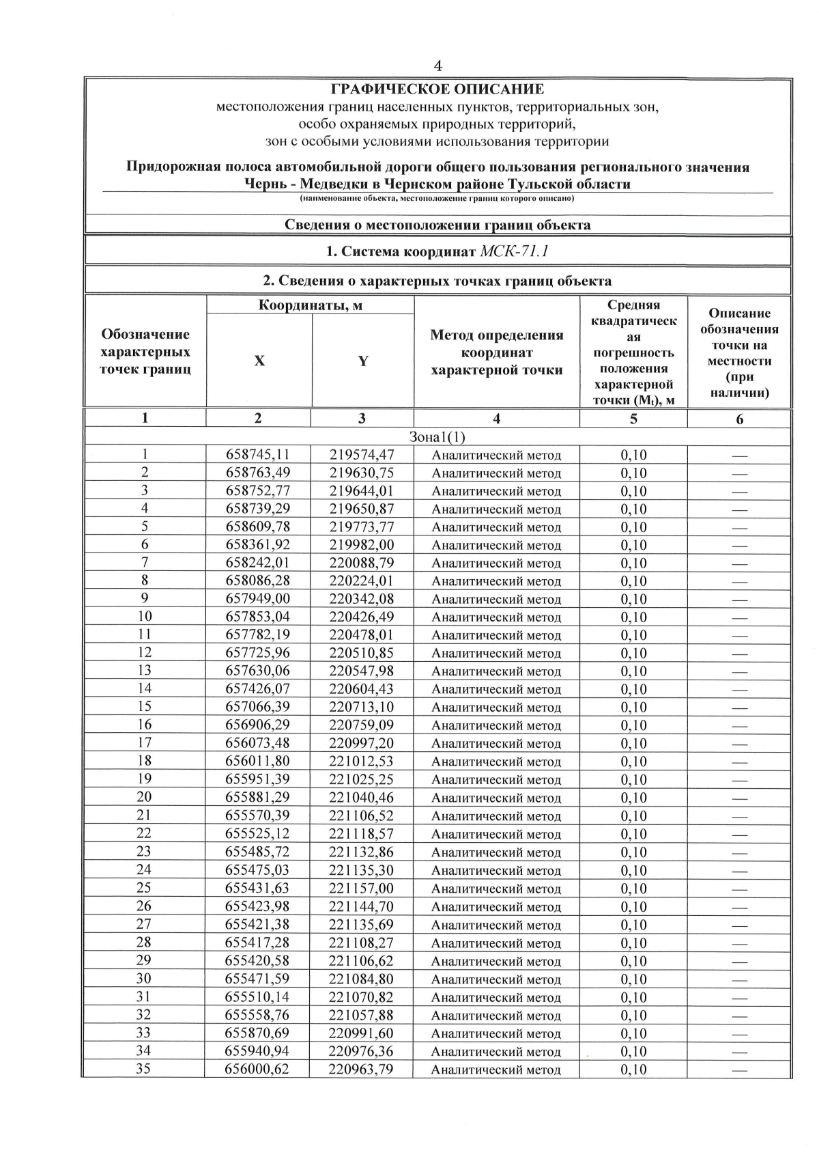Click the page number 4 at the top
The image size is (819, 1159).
[437, 66]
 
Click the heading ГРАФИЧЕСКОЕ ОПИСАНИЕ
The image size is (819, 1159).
[437, 89]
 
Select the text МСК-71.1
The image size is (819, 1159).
[515, 251]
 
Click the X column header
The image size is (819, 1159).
[259, 361]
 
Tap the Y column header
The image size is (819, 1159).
[363, 361]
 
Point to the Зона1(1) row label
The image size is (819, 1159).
[437, 436]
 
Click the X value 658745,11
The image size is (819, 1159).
[257, 455]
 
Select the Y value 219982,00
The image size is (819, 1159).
[361, 545]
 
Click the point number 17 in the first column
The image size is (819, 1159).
[144, 742]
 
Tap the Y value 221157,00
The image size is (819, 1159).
[361, 888]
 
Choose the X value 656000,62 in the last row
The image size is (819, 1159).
[257, 1069]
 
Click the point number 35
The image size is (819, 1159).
[143, 1069]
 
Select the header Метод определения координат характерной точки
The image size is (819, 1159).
[496, 352]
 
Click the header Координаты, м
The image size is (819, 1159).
[310, 305]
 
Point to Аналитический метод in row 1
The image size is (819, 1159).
[496, 456]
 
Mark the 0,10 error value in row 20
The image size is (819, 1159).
[633, 798]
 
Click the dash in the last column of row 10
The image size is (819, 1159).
[739, 617]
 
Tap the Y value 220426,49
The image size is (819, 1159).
[361, 617]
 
